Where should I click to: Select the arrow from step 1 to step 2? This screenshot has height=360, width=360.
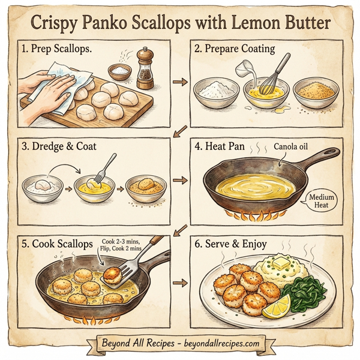click(x=178, y=80)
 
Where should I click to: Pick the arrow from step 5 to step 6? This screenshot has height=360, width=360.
click(x=178, y=281)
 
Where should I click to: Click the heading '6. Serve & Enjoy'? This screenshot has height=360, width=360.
click(x=236, y=244)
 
